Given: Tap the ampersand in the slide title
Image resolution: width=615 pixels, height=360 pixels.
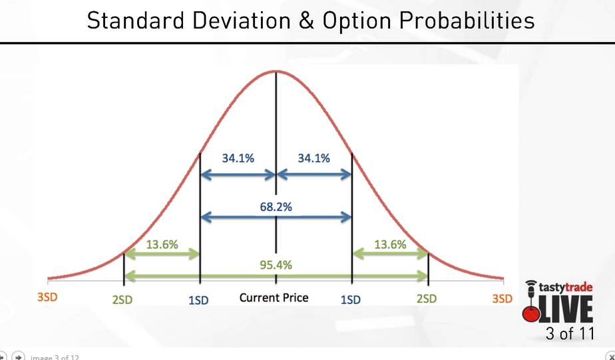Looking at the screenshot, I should click(304, 21).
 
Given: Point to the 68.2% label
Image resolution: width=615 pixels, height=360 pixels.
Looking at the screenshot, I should click(276, 206).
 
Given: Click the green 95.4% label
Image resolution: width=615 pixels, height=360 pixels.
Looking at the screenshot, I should click(276, 265).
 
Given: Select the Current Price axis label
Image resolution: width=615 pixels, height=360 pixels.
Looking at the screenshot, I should click(274, 297).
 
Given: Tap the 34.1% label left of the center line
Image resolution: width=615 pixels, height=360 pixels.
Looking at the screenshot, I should click(238, 158).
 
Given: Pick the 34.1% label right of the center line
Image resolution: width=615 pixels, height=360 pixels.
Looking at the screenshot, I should click(313, 158).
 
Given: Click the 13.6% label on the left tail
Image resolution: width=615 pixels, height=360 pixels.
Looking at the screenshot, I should click(162, 244).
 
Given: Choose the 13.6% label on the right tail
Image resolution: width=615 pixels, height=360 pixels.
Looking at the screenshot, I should click(390, 244).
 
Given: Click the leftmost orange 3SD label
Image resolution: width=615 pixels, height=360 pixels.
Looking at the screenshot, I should click(47, 298).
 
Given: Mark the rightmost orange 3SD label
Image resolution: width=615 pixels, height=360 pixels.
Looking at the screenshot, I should click(503, 299).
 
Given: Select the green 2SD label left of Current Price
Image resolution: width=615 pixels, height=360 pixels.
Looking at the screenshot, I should click(122, 299).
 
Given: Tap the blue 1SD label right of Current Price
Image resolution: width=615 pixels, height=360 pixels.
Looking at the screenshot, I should click(350, 299).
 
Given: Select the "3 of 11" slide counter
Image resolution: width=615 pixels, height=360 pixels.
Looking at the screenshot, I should click(569, 333).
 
